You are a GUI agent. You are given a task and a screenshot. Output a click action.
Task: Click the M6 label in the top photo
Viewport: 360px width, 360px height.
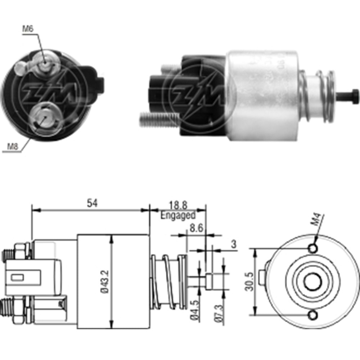pyautogui.click(x=28, y=29)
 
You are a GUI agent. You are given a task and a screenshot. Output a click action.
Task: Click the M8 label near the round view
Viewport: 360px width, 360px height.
pyautogui.click(x=13, y=146)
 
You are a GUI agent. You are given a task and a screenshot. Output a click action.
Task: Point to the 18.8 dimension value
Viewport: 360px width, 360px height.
pyautogui.click(x=178, y=206)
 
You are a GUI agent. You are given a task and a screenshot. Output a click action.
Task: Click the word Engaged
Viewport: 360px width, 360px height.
pyautogui.click(x=178, y=216)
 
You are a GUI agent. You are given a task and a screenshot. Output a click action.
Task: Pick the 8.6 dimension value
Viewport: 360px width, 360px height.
pyautogui.click(x=195, y=229)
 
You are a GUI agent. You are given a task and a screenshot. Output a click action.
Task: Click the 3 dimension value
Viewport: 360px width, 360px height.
pyautogui.click(x=233, y=245)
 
